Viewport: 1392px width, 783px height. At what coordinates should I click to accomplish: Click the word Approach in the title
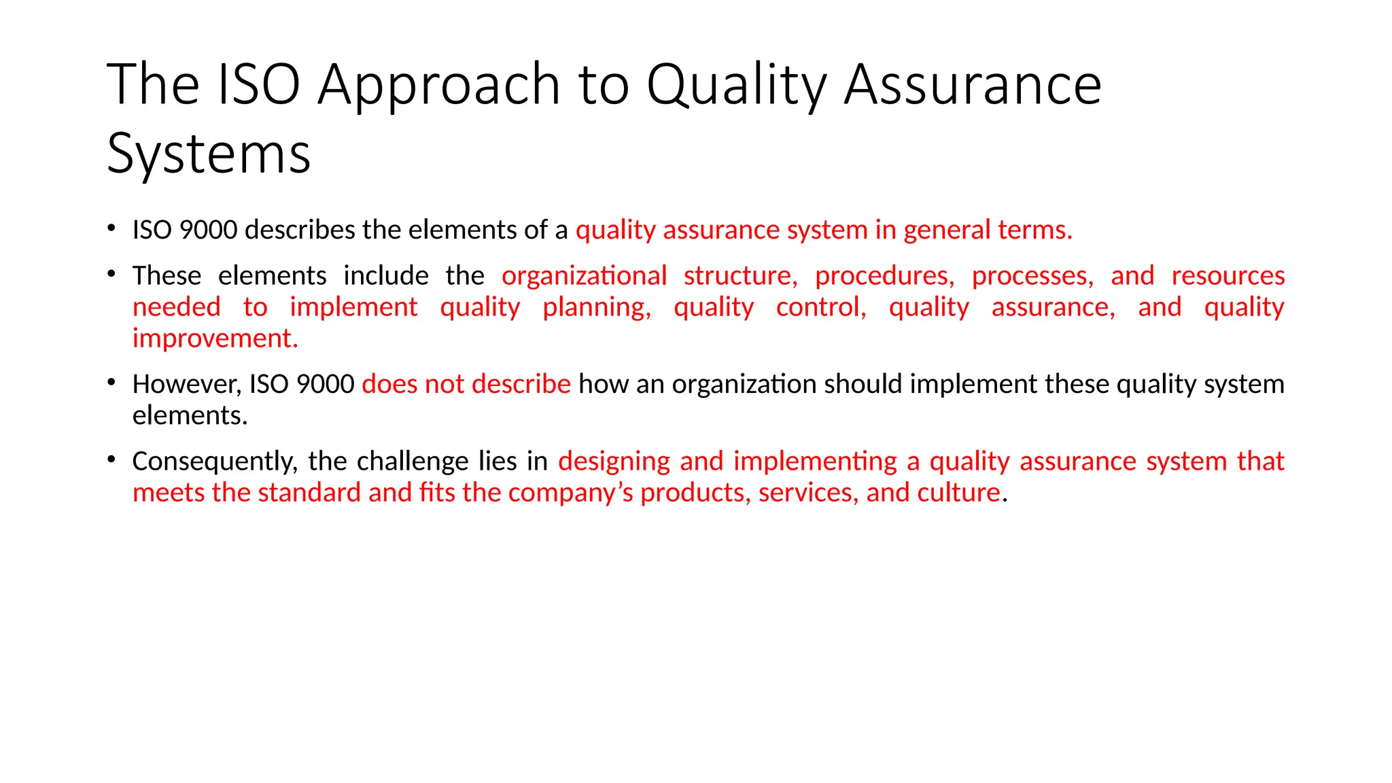point(438,85)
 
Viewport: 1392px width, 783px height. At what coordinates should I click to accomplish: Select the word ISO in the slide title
point(258,85)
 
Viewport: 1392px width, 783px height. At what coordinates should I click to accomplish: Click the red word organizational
point(584,276)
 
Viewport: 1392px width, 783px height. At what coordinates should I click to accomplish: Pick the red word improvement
point(215,338)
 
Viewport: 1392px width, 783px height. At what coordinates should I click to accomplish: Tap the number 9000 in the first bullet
point(208,230)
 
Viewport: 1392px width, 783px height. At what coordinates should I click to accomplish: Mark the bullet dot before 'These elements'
point(111,274)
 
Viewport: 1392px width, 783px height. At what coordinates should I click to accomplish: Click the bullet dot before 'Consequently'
point(111,459)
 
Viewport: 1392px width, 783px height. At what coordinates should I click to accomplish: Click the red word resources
point(1228,276)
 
